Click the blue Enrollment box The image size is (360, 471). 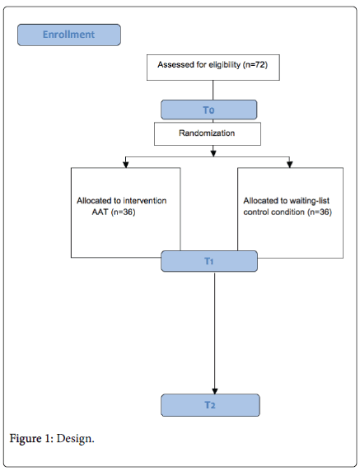(x=69, y=35)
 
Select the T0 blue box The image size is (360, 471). (x=209, y=110)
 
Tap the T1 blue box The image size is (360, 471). (x=209, y=261)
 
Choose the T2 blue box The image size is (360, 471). (x=210, y=405)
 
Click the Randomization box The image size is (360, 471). (x=208, y=133)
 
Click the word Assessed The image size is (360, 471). (x=171, y=64)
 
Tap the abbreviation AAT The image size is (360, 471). (x=100, y=212)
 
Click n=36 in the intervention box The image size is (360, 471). (x=124, y=212)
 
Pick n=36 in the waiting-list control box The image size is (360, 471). (x=320, y=212)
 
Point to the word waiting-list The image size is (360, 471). (x=310, y=201)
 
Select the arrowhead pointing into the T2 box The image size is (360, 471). (x=214, y=391)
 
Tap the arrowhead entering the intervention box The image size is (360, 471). (x=126, y=165)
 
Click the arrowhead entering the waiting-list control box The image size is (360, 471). (x=289, y=165)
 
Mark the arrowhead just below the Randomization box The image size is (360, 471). (x=213, y=153)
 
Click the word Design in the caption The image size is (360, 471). (x=76, y=439)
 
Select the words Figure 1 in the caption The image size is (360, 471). (x=32, y=439)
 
